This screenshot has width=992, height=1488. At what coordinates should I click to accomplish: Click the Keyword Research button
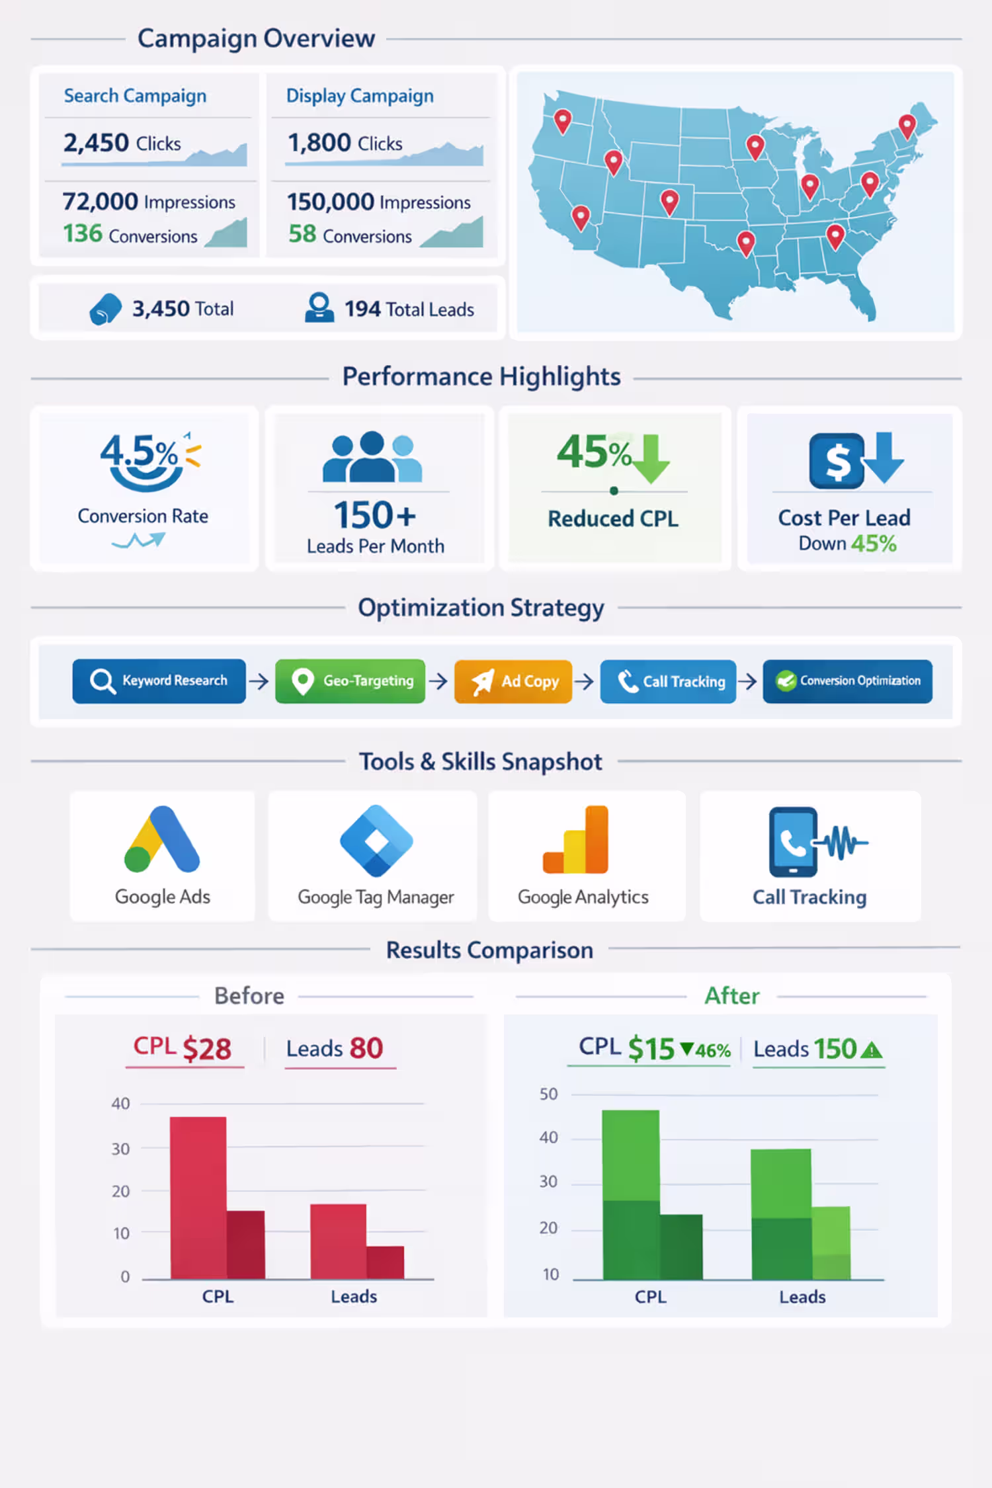click(x=159, y=681)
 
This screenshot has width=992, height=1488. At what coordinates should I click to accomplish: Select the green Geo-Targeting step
click(x=350, y=681)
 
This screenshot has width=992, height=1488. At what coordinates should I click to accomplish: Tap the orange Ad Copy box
click(x=513, y=681)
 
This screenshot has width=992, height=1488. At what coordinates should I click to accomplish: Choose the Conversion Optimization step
click(x=847, y=681)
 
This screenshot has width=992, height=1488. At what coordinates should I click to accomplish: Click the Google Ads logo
click(x=162, y=839)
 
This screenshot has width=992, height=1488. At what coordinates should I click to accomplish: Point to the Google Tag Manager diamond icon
click(x=376, y=841)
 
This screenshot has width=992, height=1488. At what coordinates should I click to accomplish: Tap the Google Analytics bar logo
click(x=576, y=840)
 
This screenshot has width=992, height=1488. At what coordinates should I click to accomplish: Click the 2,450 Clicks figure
click(x=122, y=143)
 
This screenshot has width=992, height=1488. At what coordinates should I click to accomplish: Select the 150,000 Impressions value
click(x=378, y=202)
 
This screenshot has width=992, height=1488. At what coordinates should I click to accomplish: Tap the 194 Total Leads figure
click(x=409, y=309)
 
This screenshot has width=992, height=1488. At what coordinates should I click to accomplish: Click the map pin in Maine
click(x=907, y=125)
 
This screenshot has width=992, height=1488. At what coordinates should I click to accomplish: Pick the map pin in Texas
click(x=746, y=243)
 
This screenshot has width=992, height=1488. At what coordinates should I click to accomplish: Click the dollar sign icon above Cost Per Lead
click(x=837, y=460)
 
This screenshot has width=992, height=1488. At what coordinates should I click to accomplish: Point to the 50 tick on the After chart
click(x=548, y=1095)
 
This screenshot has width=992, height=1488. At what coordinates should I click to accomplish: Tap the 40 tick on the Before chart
click(x=120, y=1103)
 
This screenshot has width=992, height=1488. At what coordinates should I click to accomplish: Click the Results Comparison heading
click(x=489, y=950)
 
